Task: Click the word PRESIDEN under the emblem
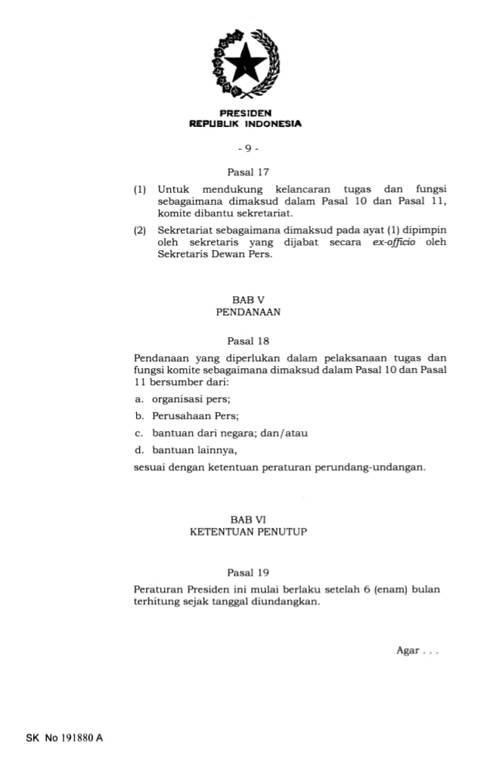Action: pyautogui.click(x=245, y=113)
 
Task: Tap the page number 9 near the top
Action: pyautogui.click(x=247, y=148)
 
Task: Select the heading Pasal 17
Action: pyautogui.click(x=248, y=172)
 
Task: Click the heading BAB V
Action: pyautogui.click(x=248, y=300)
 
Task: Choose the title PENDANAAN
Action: pyautogui.click(x=248, y=312)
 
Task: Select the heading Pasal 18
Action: pyautogui.click(x=248, y=341)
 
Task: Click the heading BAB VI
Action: pyautogui.click(x=249, y=520)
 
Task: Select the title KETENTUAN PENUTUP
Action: pyautogui.click(x=248, y=532)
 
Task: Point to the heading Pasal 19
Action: pyautogui.click(x=248, y=572)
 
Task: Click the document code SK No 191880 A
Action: pyautogui.click(x=64, y=737)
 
